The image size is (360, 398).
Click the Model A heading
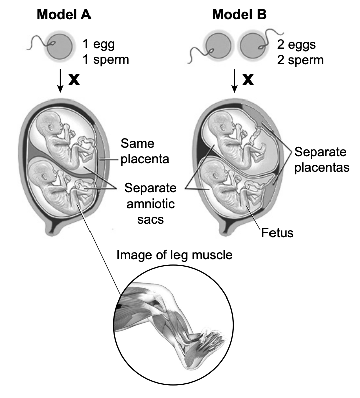[64, 14]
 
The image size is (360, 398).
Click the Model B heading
[239, 14]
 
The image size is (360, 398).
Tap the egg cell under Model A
[60, 46]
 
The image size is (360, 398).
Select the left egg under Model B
[218, 46]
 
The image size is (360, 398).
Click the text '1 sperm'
[106, 60]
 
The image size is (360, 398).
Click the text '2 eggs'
[296, 45]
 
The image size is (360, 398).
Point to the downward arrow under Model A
[60, 80]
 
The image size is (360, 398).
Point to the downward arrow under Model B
[235, 80]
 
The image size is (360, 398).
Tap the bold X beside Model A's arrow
[74, 80]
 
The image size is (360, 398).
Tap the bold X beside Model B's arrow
[248, 80]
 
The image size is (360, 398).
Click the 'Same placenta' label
[145, 151]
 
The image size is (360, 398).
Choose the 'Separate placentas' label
[322, 160]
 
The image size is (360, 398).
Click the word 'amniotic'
[151, 204]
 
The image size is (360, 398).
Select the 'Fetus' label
[277, 233]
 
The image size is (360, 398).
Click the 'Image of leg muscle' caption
[174, 255]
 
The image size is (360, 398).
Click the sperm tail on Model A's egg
[38, 43]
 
